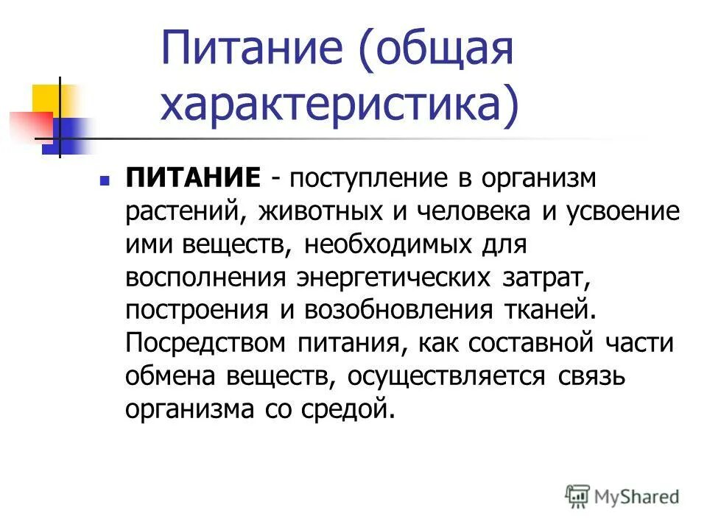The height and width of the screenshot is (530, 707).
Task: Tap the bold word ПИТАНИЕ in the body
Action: pos(193,179)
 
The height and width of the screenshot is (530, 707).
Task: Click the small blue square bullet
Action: pos(105,180)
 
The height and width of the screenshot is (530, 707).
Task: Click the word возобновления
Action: pos(391,308)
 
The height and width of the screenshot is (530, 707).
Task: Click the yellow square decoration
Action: pos(46,99)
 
